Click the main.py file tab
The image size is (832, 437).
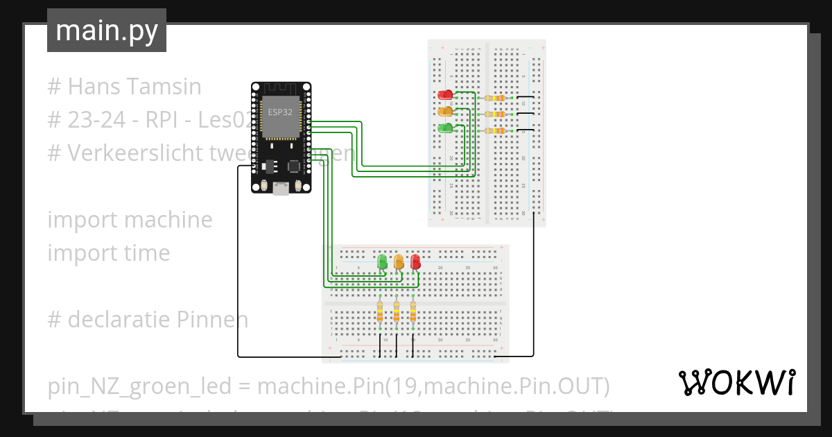[x=106, y=31]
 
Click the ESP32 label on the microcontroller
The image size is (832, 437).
[x=280, y=111]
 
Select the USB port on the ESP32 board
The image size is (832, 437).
[x=281, y=188]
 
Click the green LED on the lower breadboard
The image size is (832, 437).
[x=382, y=262]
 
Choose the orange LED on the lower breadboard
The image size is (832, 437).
[x=399, y=262]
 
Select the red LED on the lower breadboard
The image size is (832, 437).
[x=415, y=262]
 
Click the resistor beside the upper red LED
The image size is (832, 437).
[x=496, y=98]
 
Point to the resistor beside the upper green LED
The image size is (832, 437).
[x=496, y=131]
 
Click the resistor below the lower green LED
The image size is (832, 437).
[x=379, y=313]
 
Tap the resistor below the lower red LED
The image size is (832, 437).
[x=413, y=313]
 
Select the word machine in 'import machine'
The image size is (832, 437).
[x=168, y=220]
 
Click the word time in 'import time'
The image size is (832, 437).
[x=148, y=253]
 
